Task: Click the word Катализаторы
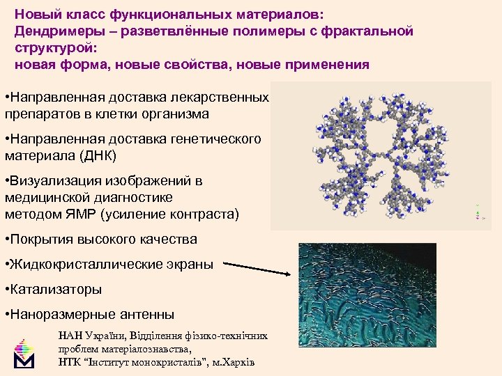point(56,288)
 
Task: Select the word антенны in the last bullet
point(146,314)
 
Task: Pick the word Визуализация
point(55,181)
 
